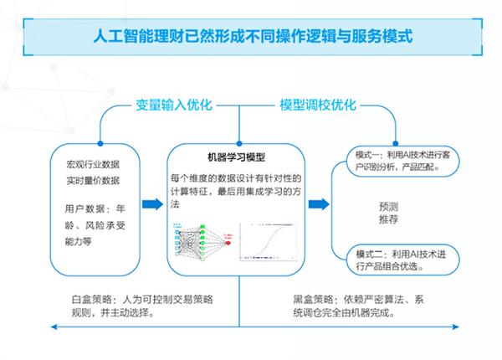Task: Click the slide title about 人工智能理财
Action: pos(251,37)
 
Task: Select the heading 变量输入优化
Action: pos(175,105)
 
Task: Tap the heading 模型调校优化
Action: pos(318,105)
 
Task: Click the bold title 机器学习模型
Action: pos(234,157)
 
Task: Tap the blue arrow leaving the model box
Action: pos(319,204)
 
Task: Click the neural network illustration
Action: pos(204,242)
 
